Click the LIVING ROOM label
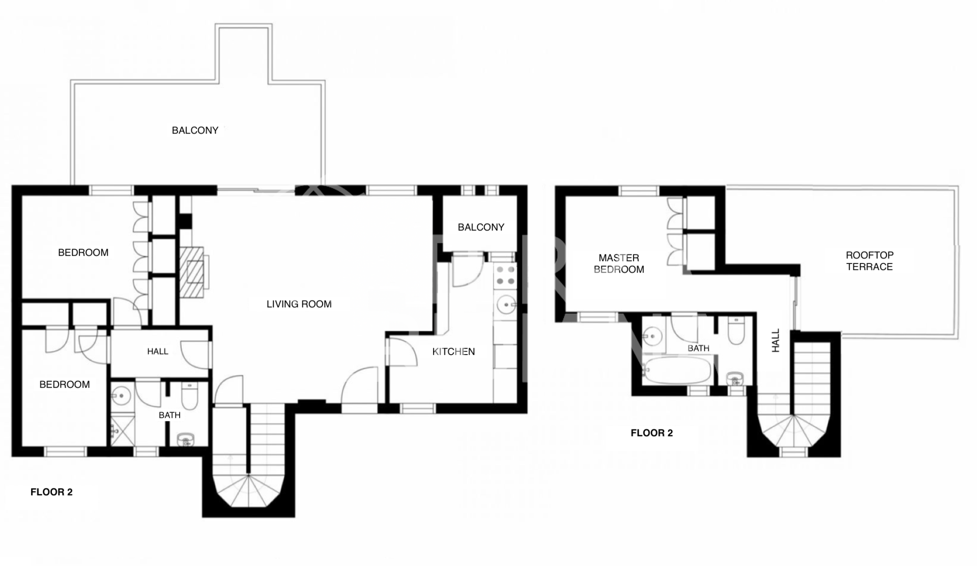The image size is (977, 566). (x=299, y=304)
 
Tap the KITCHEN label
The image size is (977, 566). (x=453, y=352)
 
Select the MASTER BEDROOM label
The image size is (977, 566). (x=619, y=264)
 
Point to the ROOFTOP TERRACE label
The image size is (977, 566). (x=869, y=261)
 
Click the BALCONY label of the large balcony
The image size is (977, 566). (x=195, y=130)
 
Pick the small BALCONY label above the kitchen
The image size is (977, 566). (x=481, y=227)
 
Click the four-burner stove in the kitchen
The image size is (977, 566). (x=505, y=275)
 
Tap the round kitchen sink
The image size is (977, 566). (x=506, y=305)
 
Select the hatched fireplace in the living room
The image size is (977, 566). (x=193, y=272)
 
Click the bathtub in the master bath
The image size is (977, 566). (x=677, y=370)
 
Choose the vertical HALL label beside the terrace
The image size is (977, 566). (x=775, y=340)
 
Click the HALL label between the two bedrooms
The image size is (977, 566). (x=158, y=352)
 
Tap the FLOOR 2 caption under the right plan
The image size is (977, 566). (x=651, y=433)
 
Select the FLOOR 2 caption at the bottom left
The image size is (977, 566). (x=51, y=492)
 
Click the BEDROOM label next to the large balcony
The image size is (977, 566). (x=83, y=253)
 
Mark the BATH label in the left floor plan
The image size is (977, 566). (x=169, y=415)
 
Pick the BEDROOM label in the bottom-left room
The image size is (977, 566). (x=65, y=385)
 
